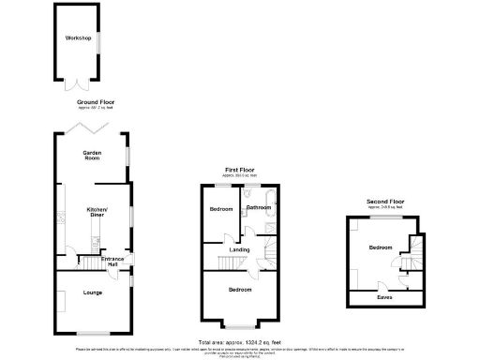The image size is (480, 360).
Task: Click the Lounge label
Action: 91,292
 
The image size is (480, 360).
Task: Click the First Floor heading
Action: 239,171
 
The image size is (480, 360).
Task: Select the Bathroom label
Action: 258,207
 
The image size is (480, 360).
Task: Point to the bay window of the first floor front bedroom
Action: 239,323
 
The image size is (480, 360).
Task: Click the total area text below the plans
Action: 239,342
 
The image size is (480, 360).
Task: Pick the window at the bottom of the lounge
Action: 91,333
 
